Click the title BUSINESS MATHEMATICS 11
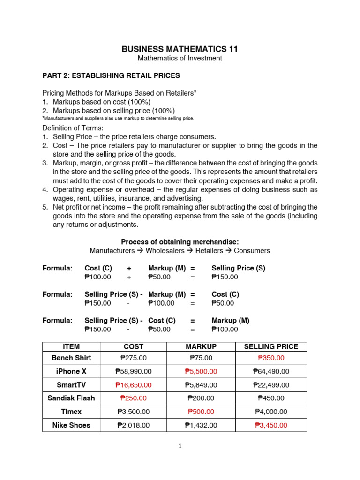180,49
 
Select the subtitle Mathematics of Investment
180,59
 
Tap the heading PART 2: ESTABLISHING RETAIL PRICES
111,75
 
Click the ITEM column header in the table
71,347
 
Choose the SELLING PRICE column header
271,347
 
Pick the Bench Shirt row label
71,358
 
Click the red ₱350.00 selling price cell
271,358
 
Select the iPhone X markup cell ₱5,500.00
201,372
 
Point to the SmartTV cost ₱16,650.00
133,385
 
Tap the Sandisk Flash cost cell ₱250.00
133,398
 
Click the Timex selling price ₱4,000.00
271,412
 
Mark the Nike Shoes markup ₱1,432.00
201,426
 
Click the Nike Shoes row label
71,426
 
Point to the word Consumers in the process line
252,251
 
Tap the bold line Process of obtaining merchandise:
180,242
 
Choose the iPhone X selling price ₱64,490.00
271,372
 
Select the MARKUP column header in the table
201,347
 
